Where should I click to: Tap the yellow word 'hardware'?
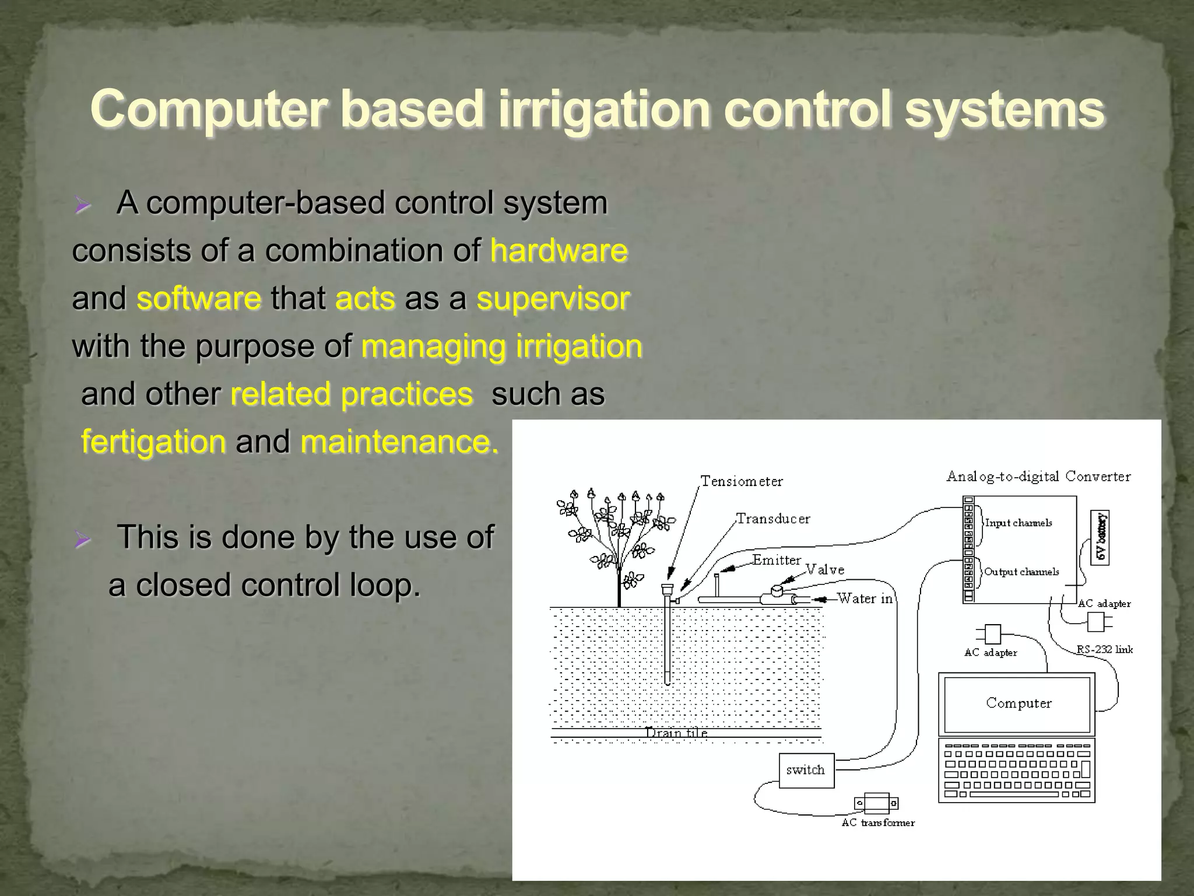[559, 251]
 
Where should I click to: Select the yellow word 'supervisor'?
[553, 299]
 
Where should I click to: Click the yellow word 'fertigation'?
[153, 442]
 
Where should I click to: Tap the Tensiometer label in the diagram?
[741, 481]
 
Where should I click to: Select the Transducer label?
[772, 519]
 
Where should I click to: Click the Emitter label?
[777, 560]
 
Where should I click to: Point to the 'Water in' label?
[865, 598]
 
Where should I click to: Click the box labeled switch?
[806, 770]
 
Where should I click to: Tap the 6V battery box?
[1100, 537]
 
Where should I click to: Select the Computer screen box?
[1017, 703]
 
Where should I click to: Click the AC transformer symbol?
[876, 803]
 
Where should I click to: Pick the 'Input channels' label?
[1018, 523]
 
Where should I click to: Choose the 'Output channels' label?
[1021, 572]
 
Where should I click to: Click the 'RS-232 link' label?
[1104, 649]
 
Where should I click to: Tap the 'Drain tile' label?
[676, 733]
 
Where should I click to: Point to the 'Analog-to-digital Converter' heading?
[1038, 477]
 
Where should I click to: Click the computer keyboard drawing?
[1017, 771]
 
